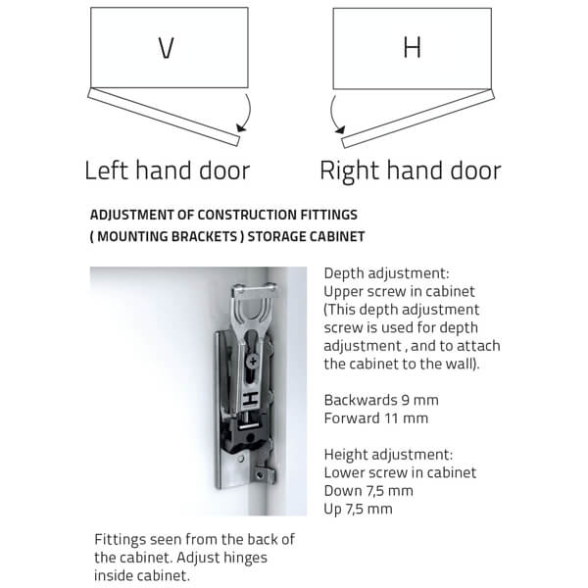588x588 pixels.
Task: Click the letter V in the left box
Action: click(x=167, y=48)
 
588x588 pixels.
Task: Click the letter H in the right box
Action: click(x=412, y=48)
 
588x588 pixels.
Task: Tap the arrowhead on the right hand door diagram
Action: click(x=339, y=129)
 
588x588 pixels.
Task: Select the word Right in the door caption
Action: click(x=354, y=171)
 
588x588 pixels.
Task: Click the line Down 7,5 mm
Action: click(x=367, y=490)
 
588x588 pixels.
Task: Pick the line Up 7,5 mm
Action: click(x=358, y=509)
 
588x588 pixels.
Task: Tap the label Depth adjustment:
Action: click(x=379, y=273)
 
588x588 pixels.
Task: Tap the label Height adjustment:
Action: click(x=388, y=454)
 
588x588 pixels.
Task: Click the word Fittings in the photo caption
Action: click(x=121, y=540)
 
